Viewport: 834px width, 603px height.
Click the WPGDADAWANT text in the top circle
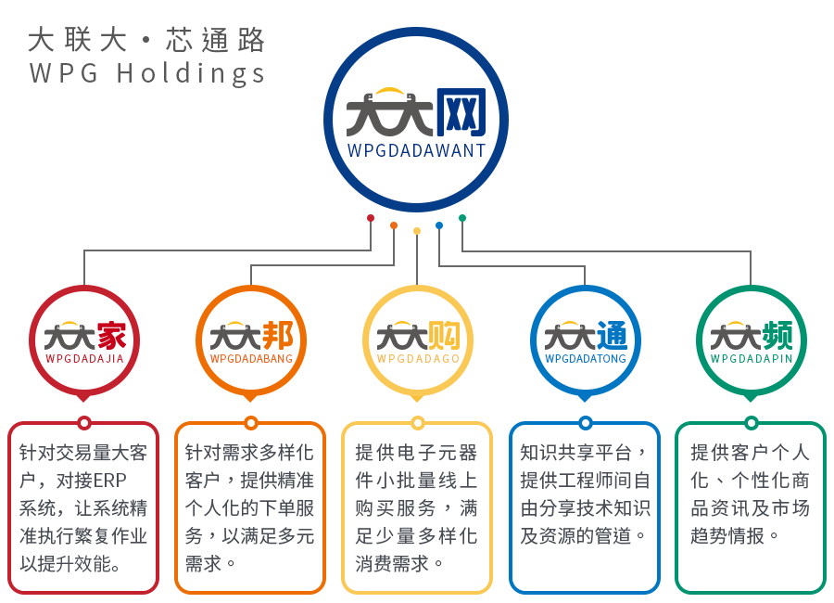coord(416,150)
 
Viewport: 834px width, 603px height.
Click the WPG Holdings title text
coord(147,73)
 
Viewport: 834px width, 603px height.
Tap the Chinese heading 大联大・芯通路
coord(146,40)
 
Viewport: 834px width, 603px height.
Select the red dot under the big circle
coord(371,218)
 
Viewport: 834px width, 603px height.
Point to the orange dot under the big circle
coord(394,225)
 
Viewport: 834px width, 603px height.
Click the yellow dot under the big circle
coord(417,231)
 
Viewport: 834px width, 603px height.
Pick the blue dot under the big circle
coord(439,225)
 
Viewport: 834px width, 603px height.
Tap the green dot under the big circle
coord(462,218)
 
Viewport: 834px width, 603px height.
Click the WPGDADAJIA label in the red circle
coord(84,359)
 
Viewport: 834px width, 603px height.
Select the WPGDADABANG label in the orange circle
coord(251,359)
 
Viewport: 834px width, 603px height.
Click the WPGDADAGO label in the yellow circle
coord(418,359)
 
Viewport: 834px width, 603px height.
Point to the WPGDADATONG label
coord(586,359)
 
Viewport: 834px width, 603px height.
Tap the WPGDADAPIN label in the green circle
coord(752,359)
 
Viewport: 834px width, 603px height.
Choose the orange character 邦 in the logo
coord(278,336)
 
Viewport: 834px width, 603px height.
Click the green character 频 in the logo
coord(777,336)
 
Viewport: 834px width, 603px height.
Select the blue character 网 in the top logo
coord(461,113)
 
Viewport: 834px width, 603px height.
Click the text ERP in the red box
coord(109,481)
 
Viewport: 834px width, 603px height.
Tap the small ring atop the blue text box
coord(585,423)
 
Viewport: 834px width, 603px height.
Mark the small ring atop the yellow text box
coord(418,423)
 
